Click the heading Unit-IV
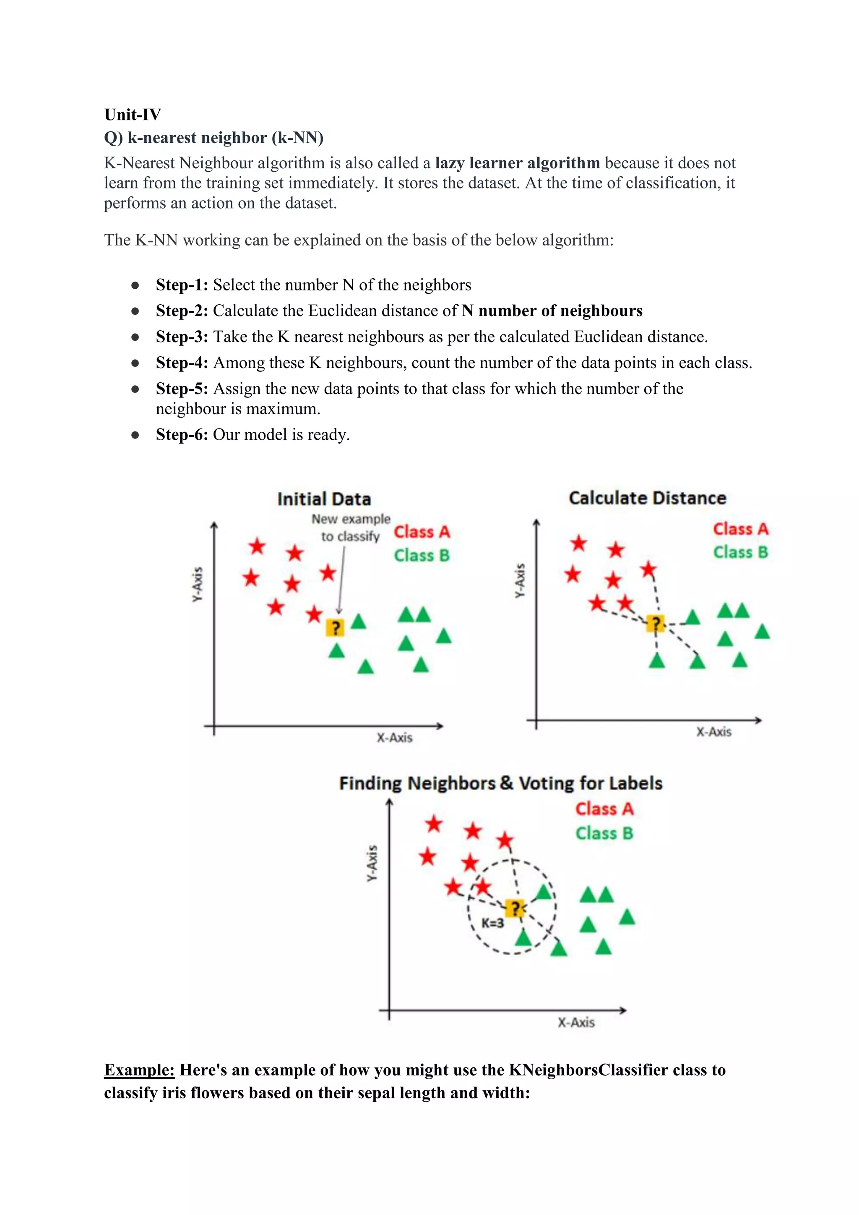click(132, 114)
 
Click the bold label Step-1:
click(182, 285)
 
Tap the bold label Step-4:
click(182, 363)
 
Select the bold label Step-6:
click(182, 434)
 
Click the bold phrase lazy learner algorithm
click(517, 162)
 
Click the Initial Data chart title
click(324, 499)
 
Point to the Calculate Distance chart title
click(647, 498)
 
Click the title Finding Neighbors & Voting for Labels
click(500, 783)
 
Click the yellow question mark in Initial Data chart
click(335, 627)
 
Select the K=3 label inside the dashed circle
click(492, 923)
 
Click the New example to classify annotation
click(350, 528)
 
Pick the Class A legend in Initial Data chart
click(422, 531)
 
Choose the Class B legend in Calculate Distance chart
click(740, 552)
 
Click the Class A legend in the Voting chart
click(604, 809)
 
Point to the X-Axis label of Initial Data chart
click(394, 737)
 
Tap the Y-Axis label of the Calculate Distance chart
click(520, 580)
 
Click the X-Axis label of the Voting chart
click(576, 1022)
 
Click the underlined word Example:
click(139, 1069)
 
